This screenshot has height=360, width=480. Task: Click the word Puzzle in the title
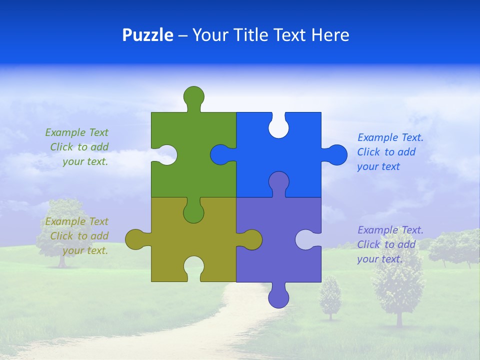point(147,35)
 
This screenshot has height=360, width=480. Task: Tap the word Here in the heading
point(330,35)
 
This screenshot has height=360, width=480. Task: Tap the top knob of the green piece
point(193,96)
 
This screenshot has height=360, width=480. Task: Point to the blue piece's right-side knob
point(336,155)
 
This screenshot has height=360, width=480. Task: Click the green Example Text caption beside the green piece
point(78,147)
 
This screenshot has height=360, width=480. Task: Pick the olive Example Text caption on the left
point(78,236)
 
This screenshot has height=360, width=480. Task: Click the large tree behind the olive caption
point(62,225)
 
